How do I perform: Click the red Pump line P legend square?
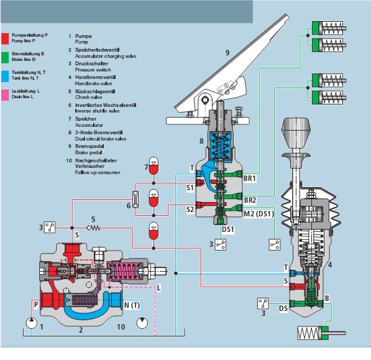click(5, 39)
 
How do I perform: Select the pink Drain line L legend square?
click(5, 95)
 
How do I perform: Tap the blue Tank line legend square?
click(5, 76)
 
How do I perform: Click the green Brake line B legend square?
click(5, 57)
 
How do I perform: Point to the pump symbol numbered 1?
click(32, 323)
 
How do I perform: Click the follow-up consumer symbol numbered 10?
click(142, 323)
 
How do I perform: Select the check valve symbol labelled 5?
click(93, 228)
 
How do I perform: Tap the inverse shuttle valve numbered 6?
click(135, 200)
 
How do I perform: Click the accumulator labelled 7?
click(153, 165)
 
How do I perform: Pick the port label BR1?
click(250, 178)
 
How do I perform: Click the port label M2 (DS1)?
click(259, 214)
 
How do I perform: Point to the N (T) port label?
click(132, 305)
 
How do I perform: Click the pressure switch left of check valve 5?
click(50, 227)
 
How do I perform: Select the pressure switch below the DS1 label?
click(221, 244)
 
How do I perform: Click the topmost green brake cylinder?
click(329, 28)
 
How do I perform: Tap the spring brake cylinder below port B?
click(321, 333)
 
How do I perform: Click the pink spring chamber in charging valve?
click(124, 271)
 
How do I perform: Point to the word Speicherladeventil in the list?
click(97, 50)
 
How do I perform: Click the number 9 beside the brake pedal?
click(227, 53)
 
